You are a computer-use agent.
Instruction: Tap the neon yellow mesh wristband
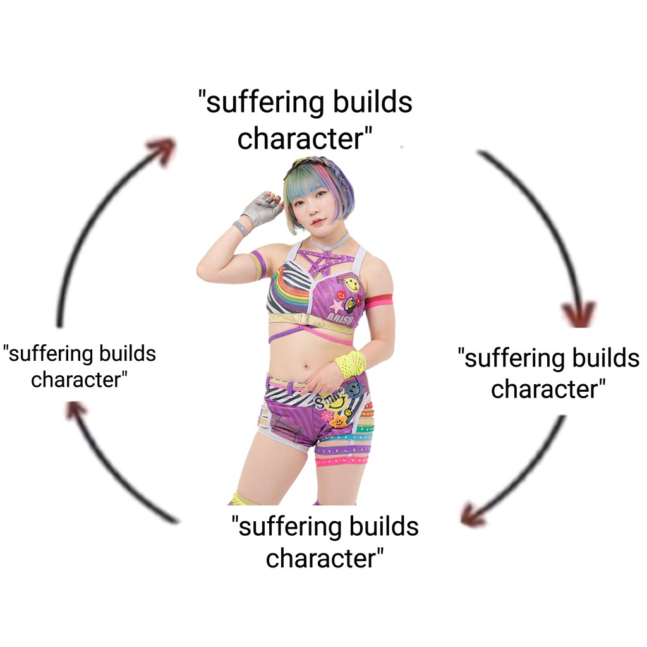click(x=351, y=364)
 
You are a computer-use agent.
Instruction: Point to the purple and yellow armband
click(x=258, y=265)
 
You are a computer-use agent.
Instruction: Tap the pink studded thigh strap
click(x=341, y=461)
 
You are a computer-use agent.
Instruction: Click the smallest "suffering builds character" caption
click(x=80, y=366)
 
